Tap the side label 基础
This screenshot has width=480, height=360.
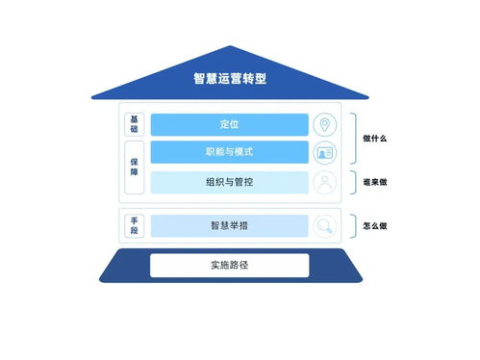pos(135,124)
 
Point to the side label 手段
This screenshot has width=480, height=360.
pos(135,225)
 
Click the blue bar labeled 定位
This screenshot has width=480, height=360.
pos(229,124)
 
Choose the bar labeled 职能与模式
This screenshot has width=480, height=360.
pos(229,153)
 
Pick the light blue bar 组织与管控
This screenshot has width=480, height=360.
pos(229,182)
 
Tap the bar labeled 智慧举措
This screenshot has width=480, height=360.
pos(229,225)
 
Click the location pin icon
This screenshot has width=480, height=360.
pos(326,125)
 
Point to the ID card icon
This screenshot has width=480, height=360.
pos(326,153)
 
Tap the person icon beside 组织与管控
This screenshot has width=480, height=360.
pos(326,182)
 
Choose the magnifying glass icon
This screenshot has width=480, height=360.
pos(326,226)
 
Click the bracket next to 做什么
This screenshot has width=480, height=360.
pos(353,139)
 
